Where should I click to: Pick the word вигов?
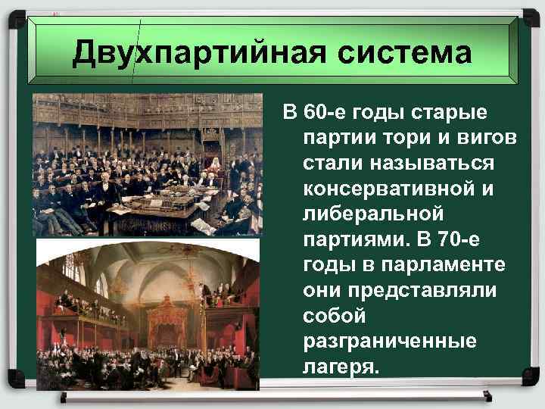(468, 139)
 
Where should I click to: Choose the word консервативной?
(389, 189)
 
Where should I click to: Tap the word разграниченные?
(390, 342)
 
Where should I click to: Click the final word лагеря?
(338, 367)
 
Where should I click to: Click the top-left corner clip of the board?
(16, 17)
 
